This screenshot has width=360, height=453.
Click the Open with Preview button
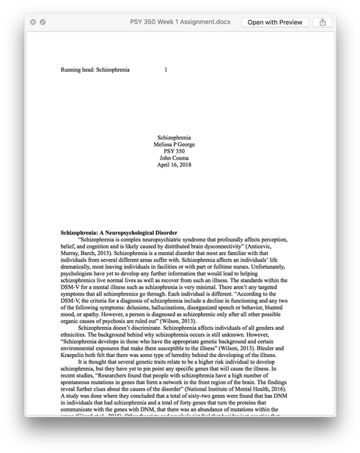click(275, 22)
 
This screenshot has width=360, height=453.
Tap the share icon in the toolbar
click(323, 22)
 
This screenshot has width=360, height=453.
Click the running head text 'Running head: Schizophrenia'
click(95, 70)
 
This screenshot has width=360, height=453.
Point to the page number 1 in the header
click(166, 70)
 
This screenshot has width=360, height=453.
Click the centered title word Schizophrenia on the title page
click(174, 138)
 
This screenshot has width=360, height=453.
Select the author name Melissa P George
click(174, 144)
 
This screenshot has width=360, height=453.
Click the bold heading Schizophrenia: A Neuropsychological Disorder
click(119, 232)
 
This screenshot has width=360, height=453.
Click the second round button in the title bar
click(43, 22)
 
